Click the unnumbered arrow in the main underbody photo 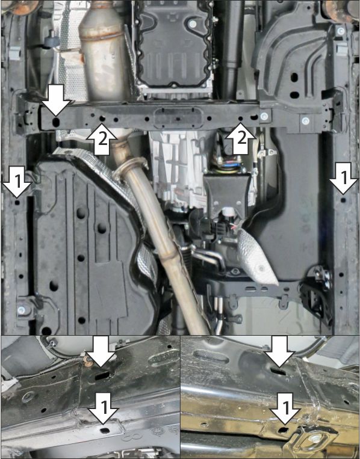(56, 100)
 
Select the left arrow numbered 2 (101, 139)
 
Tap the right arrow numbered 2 (240, 138)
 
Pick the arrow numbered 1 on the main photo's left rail (17, 182)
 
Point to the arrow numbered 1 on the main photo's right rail (343, 178)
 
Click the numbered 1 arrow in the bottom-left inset (104, 408)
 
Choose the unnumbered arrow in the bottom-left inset (101, 351)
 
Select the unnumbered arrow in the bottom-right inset (279, 351)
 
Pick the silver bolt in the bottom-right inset (315, 438)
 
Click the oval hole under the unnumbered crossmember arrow (55, 123)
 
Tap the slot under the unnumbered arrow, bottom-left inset (102, 375)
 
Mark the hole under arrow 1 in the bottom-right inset (283, 430)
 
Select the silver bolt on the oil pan (193, 24)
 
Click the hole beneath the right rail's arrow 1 (343, 200)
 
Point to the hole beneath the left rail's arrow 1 (17, 202)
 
